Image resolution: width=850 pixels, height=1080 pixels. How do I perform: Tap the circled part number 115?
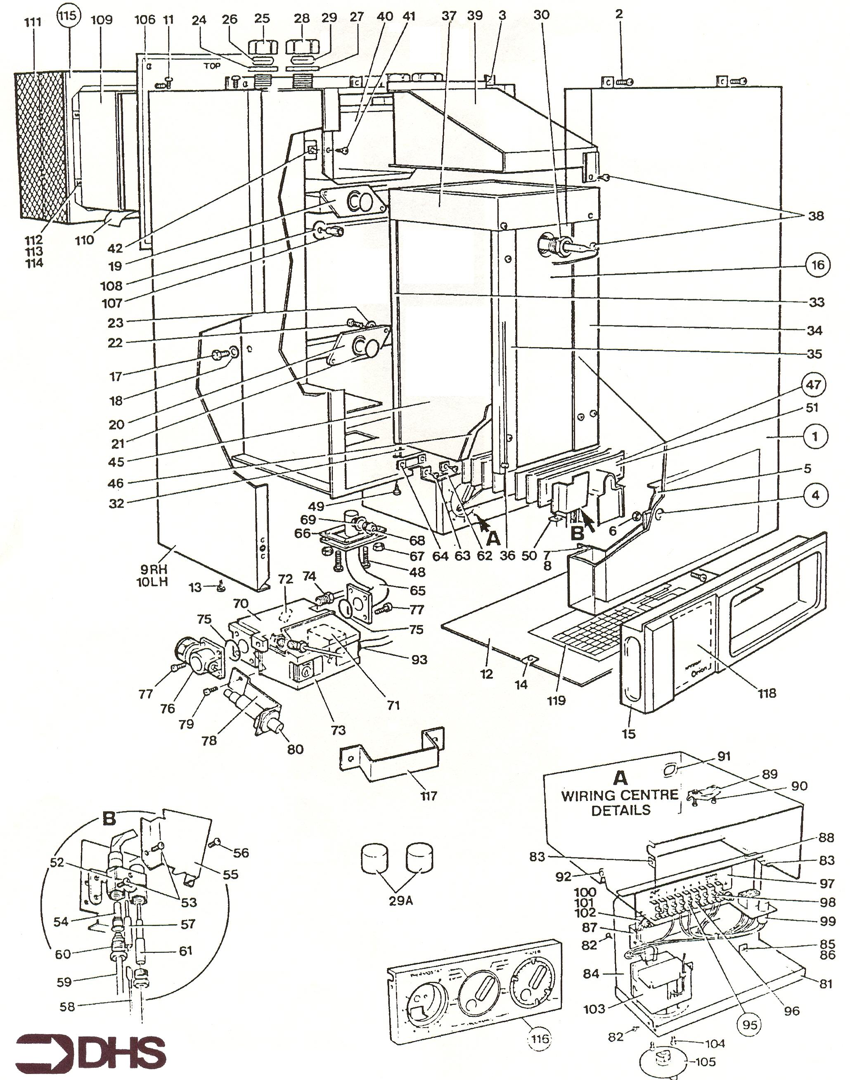pos(68,16)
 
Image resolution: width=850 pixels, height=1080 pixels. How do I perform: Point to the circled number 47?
pos(813,385)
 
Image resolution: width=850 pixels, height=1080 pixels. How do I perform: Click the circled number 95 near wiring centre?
pos(749,1025)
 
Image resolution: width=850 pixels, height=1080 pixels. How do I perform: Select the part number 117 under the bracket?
pos(429,796)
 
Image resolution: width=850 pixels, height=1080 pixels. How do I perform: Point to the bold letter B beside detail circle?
pos(109,819)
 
